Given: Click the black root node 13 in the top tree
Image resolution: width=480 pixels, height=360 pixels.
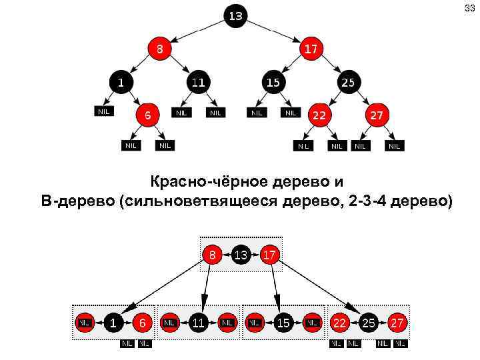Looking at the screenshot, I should tap(236, 15).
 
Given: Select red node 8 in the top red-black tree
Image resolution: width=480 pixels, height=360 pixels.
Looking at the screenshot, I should tap(159, 49).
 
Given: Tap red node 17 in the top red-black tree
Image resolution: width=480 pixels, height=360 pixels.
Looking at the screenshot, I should tap(311, 49).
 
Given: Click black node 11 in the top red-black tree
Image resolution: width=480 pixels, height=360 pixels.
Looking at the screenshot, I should tap(197, 83).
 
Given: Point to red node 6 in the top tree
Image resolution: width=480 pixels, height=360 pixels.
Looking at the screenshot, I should tap(147, 115).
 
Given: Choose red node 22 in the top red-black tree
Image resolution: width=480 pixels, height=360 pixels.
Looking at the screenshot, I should tap(319, 115).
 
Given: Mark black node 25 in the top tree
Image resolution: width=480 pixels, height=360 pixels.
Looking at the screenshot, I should tap(348, 83).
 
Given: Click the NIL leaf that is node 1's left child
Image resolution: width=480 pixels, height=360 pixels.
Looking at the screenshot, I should tap(103, 111).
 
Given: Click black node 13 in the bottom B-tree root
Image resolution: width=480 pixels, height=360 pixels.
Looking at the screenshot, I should tap(241, 254).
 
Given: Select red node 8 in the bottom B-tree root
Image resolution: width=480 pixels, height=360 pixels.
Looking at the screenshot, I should tap(212, 254).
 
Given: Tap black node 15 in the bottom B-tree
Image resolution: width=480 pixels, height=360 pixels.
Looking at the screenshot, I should tap(283, 323).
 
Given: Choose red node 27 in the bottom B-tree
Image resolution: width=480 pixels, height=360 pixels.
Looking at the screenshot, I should tap(397, 323).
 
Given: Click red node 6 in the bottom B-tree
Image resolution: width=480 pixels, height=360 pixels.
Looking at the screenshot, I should tap(141, 323).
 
